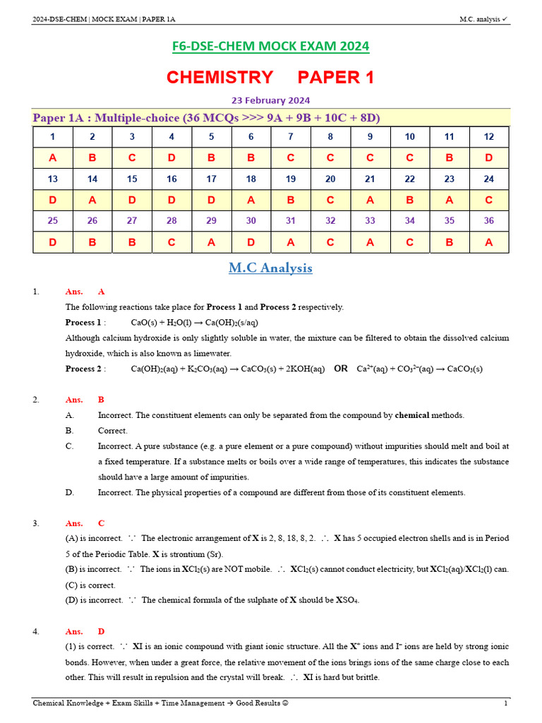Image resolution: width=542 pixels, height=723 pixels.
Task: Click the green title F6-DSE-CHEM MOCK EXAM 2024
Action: (x=271, y=47)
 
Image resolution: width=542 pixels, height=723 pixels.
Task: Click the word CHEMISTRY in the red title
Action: (x=219, y=77)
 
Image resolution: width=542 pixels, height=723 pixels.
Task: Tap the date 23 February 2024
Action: (x=271, y=100)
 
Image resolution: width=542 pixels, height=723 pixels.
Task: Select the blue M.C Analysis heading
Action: (x=270, y=268)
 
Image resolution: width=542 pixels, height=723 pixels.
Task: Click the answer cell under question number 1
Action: (x=53, y=157)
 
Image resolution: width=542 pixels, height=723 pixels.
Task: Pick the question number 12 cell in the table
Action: (x=488, y=136)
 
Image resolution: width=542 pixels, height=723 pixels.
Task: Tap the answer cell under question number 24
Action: (x=488, y=200)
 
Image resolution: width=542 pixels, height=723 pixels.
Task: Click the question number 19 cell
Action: (x=290, y=179)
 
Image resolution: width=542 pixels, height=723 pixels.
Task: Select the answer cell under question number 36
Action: (x=488, y=242)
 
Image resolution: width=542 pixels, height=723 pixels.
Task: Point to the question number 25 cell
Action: (x=53, y=221)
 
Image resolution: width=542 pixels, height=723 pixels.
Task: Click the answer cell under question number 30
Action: (x=251, y=242)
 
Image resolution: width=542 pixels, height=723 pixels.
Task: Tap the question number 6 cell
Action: (x=251, y=136)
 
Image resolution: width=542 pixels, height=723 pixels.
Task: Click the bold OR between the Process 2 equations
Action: (x=341, y=369)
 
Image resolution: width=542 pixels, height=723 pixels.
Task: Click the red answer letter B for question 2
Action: (x=101, y=400)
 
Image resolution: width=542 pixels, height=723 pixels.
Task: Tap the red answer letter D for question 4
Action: (x=101, y=631)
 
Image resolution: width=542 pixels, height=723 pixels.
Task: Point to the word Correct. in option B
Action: (x=113, y=431)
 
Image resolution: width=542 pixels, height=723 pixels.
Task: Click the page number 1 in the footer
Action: (x=505, y=703)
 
